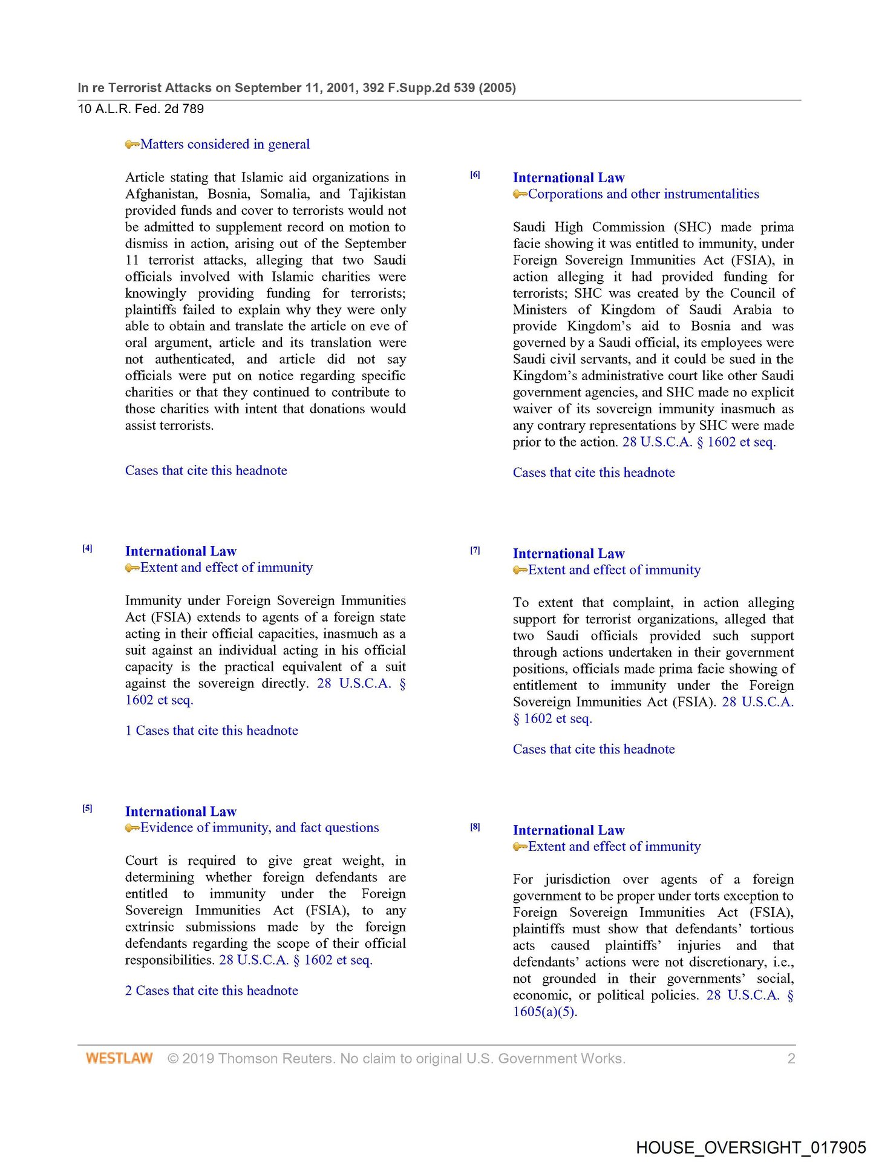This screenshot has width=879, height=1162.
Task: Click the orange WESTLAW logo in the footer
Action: (x=119, y=1058)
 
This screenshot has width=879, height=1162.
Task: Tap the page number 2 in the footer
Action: (x=791, y=1058)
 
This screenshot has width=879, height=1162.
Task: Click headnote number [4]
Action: (x=88, y=548)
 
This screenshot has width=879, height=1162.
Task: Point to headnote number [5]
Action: (x=88, y=808)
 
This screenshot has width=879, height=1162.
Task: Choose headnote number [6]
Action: (x=475, y=175)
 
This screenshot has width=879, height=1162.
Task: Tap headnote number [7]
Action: (x=475, y=550)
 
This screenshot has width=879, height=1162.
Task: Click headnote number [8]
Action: (x=475, y=827)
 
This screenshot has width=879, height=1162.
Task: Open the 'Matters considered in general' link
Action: (x=225, y=144)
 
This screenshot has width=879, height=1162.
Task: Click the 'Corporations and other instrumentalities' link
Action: (x=643, y=194)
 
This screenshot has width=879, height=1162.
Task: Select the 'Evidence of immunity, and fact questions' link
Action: (x=260, y=827)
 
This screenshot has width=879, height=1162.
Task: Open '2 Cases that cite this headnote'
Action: (x=211, y=990)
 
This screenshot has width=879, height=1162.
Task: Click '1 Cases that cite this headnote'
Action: (x=211, y=730)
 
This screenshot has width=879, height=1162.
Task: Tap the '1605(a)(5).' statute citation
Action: (x=545, y=1011)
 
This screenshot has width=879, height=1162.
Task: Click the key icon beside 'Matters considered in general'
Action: (x=132, y=145)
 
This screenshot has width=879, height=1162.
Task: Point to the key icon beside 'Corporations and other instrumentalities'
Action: (x=520, y=194)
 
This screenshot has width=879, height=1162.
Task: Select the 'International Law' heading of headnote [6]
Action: (x=569, y=177)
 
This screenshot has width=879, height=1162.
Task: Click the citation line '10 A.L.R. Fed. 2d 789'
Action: (x=141, y=109)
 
